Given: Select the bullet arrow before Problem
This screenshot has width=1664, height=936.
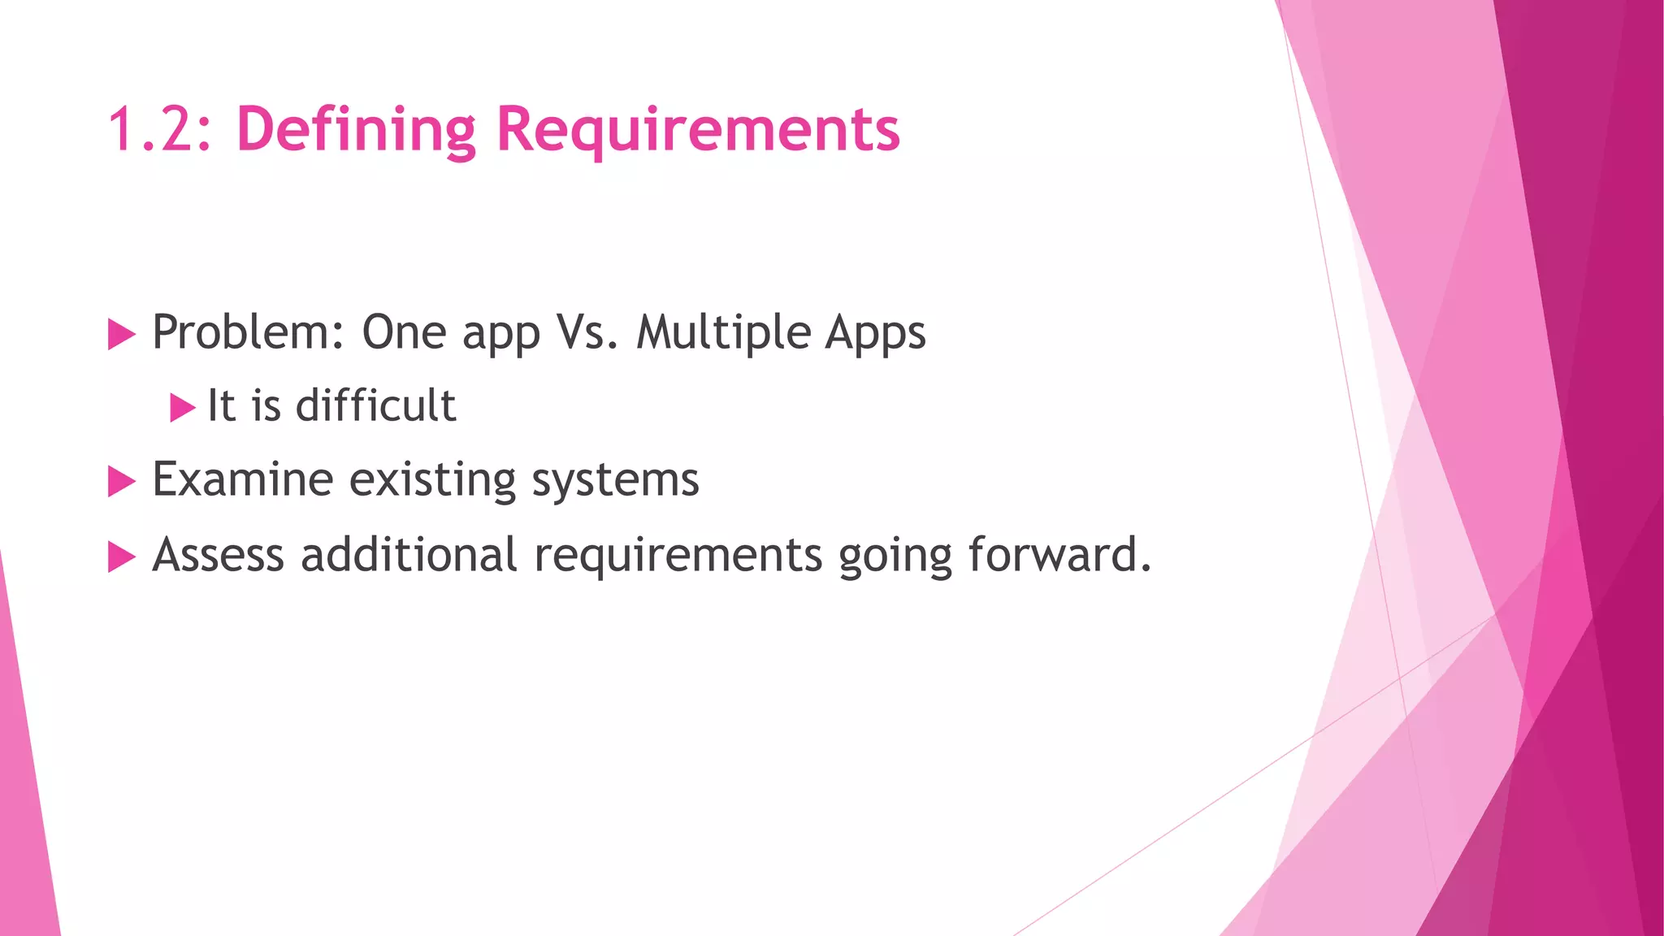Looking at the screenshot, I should point(121,335).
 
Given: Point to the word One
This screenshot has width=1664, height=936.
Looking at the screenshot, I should point(404,332).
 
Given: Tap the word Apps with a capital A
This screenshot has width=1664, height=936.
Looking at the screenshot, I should point(875,332).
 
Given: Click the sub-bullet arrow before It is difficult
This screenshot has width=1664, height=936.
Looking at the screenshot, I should point(182,408).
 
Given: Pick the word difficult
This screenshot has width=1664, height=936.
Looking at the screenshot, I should point(375,405).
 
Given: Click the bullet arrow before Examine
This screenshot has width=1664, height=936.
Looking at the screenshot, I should point(121,482).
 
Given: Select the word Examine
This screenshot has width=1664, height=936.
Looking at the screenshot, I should point(242,479).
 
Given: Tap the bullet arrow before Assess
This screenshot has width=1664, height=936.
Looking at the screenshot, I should point(121,557).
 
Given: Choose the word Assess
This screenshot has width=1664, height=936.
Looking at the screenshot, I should point(218,555).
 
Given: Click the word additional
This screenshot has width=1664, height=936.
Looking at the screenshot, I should point(409,555).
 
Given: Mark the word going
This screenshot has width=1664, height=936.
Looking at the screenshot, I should point(895,557).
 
